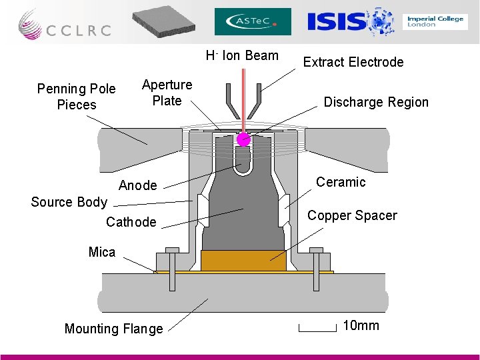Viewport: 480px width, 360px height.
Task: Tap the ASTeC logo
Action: tap(253, 21)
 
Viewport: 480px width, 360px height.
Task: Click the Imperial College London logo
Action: tap(435, 21)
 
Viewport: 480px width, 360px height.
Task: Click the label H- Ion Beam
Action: tap(242, 55)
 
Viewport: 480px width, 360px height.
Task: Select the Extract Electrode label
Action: tap(353, 62)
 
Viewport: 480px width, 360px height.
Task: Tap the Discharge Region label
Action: tap(376, 102)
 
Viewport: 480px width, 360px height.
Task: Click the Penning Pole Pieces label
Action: tap(77, 97)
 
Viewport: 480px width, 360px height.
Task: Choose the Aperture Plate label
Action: tap(167, 93)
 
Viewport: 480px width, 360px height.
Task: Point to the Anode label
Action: tap(138, 185)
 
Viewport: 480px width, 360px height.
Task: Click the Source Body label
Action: tap(69, 202)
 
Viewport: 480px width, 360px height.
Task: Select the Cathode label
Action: tap(131, 222)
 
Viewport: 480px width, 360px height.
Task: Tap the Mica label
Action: tap(102, 252)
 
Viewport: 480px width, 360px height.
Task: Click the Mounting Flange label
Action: tap(113, 329)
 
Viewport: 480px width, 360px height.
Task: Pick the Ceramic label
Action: tap(341, 182)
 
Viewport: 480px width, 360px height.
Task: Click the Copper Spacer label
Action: tap(352, 215)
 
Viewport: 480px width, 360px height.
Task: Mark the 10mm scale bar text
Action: tap(361, 325)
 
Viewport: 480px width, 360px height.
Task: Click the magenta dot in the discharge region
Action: tap(243, 139)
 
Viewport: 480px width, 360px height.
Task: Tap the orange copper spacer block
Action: tap(243, 260)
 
